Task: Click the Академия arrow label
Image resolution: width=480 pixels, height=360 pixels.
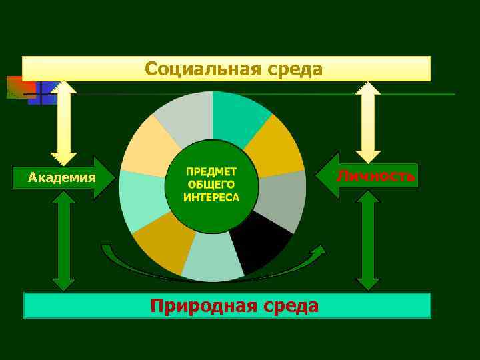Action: click(62, 178)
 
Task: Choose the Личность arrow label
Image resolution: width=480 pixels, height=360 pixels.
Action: click(375, 176)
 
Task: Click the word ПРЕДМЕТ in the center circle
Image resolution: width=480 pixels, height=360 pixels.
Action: click(212, 171)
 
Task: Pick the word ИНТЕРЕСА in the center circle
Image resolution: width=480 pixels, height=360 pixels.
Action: click(212, 197)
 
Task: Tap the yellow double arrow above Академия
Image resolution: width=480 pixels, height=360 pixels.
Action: click(64, 123)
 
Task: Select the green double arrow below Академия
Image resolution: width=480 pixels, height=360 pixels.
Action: click(64, 241)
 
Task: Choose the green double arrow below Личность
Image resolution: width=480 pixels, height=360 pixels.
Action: click(367, 241)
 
